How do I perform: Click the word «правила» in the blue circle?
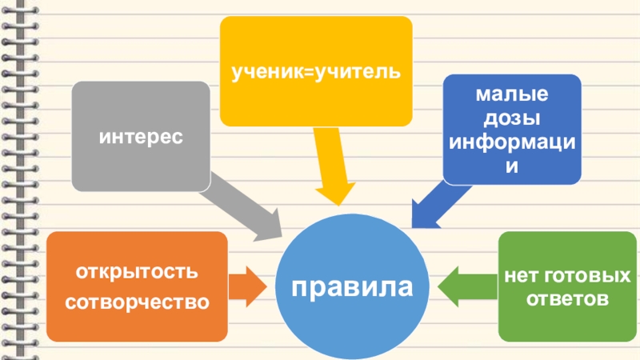pos(353,286)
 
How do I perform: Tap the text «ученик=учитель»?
pos(315,73)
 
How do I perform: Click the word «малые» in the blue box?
pos(512,96)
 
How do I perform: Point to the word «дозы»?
pos(512,119)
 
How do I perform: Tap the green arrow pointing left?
pos(467,286)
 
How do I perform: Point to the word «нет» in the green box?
pos(522,277)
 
